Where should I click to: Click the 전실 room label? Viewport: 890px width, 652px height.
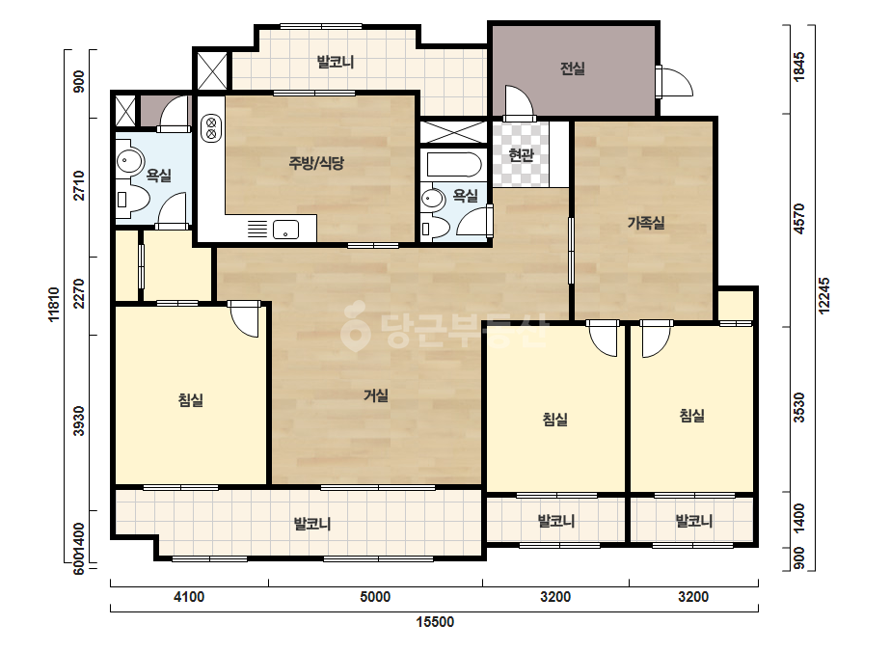(572, 68)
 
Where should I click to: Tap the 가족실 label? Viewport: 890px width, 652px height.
(646, 223)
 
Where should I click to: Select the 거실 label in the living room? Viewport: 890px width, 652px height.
(376, 394)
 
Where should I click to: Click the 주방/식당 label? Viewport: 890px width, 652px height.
(316, 164)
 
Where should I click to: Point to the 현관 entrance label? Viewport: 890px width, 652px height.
(521, 154)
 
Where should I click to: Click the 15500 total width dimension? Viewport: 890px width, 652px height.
(435, 622)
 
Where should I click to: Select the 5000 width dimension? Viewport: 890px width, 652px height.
(375, 597)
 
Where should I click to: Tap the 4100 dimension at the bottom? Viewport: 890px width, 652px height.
(189, 597)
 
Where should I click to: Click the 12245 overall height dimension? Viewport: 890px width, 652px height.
(824, 295)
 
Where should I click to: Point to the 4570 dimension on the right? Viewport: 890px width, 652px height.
(799, 219)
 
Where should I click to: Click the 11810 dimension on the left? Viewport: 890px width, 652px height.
(54, 305)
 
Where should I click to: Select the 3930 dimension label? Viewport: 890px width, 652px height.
(79, 421)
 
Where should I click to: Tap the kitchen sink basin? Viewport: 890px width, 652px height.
(286, 230)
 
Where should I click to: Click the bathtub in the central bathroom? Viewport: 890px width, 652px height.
(454, 164)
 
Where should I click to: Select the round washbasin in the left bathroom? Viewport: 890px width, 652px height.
(130, 161)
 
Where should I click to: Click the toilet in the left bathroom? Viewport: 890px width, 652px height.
(132, 200)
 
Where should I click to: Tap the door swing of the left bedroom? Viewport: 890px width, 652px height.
(245, 321)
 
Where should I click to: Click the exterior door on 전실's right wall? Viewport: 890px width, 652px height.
(674, 82)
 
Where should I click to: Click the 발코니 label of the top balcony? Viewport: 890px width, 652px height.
(335, 62)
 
